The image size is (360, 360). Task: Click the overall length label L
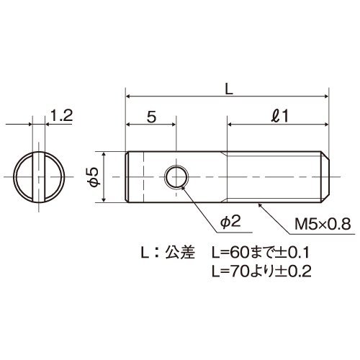point(229,90)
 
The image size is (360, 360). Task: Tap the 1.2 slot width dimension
point(62,115)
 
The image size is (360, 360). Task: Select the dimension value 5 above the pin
point(151,117)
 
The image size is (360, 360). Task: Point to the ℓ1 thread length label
point(280,117)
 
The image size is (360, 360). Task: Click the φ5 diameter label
point(94,177)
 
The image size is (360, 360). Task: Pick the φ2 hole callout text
point(230,222)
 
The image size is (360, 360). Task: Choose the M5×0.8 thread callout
point(323,225)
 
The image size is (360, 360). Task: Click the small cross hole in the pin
point(176,177)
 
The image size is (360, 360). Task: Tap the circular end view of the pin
point(39,177)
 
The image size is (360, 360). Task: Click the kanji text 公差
point(180,252)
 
